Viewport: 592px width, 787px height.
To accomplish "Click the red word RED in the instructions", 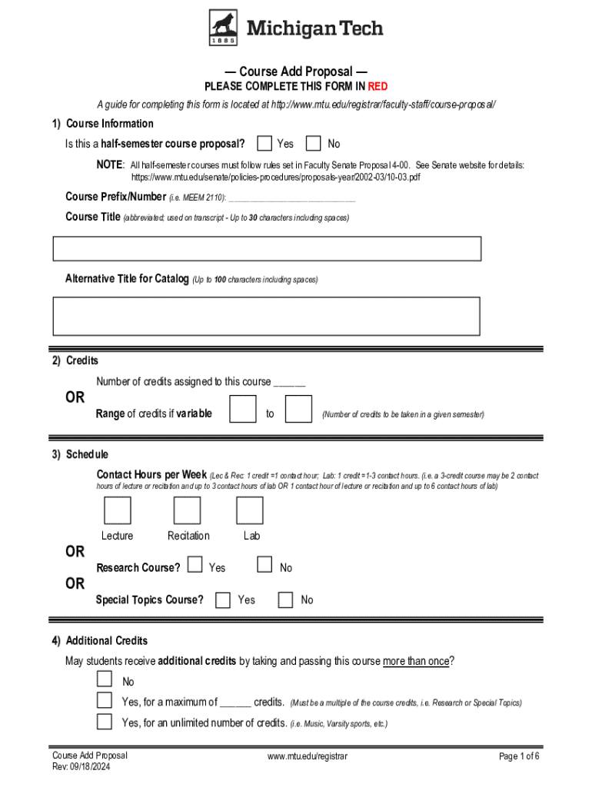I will click(x=377, y=87).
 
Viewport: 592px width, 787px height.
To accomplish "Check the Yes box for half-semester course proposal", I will click(x=264, y=144).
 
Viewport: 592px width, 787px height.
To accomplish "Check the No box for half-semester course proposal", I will click(x=313, y=144).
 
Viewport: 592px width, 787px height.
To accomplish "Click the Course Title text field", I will click(x=267, y=249).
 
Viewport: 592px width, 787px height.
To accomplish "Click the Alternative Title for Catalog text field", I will click(x=267, y=316).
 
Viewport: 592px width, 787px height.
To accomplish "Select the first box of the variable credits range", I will click(x=243, y=409).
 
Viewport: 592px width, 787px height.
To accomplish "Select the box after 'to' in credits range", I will click(x=298, y=409).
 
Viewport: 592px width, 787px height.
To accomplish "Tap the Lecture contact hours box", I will click(x=117, y=511).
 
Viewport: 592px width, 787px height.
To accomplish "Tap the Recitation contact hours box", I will click(x=187, y=511).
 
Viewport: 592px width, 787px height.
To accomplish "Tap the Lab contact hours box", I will click(x=250, y=511).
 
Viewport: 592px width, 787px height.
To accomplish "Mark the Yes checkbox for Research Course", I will click(x=195, y=566).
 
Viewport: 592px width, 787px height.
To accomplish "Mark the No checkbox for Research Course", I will click(x=264, y=566).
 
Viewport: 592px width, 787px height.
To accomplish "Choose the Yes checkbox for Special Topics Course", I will click(x=223, y=599).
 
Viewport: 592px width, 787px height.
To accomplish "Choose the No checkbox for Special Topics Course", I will click(x=285, y=599).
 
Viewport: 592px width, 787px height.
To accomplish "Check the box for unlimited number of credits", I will click(x=104, y=721).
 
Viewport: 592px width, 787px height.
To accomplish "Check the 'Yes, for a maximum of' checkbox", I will click(x=104, y=700).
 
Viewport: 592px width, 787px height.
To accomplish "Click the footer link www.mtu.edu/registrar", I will click(x=308, y=756).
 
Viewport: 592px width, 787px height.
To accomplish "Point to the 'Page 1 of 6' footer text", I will click(x=519, y=756).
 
